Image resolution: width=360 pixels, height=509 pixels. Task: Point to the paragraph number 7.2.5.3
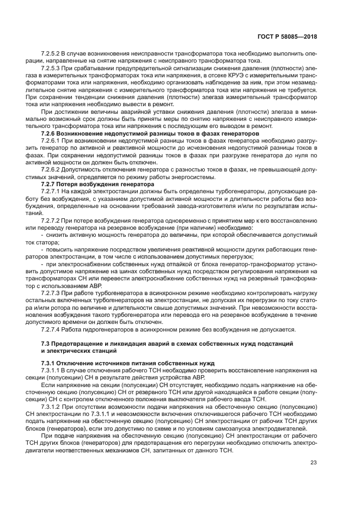coord(51,69)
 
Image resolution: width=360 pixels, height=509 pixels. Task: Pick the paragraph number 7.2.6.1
coord(51,140)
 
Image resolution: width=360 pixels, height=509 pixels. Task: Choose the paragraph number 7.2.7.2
coord(51,220)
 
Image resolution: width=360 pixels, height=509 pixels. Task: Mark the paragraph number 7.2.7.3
coord(51,293)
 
